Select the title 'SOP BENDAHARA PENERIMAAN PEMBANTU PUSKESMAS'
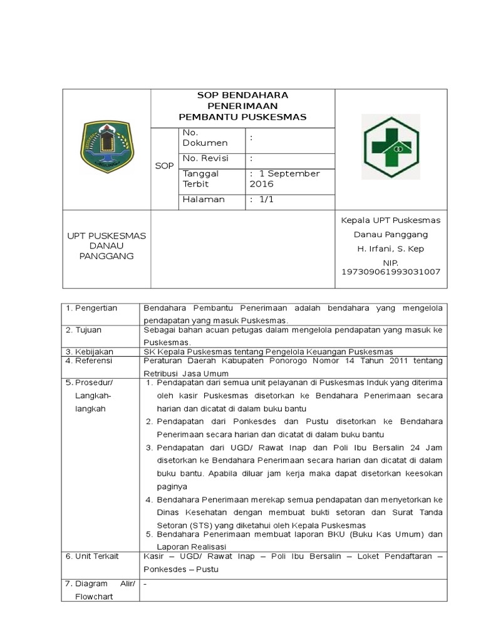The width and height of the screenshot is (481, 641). tap(243, 106)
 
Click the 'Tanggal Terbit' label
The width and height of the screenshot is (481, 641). tap(200, 178)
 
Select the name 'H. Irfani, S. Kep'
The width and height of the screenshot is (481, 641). tap(390, 249)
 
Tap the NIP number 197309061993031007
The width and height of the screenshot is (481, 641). tap(390, 272)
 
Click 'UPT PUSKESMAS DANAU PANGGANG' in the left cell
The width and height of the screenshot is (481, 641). tap(106, 246)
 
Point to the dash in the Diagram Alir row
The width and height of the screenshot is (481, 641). tap(145, 583)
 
